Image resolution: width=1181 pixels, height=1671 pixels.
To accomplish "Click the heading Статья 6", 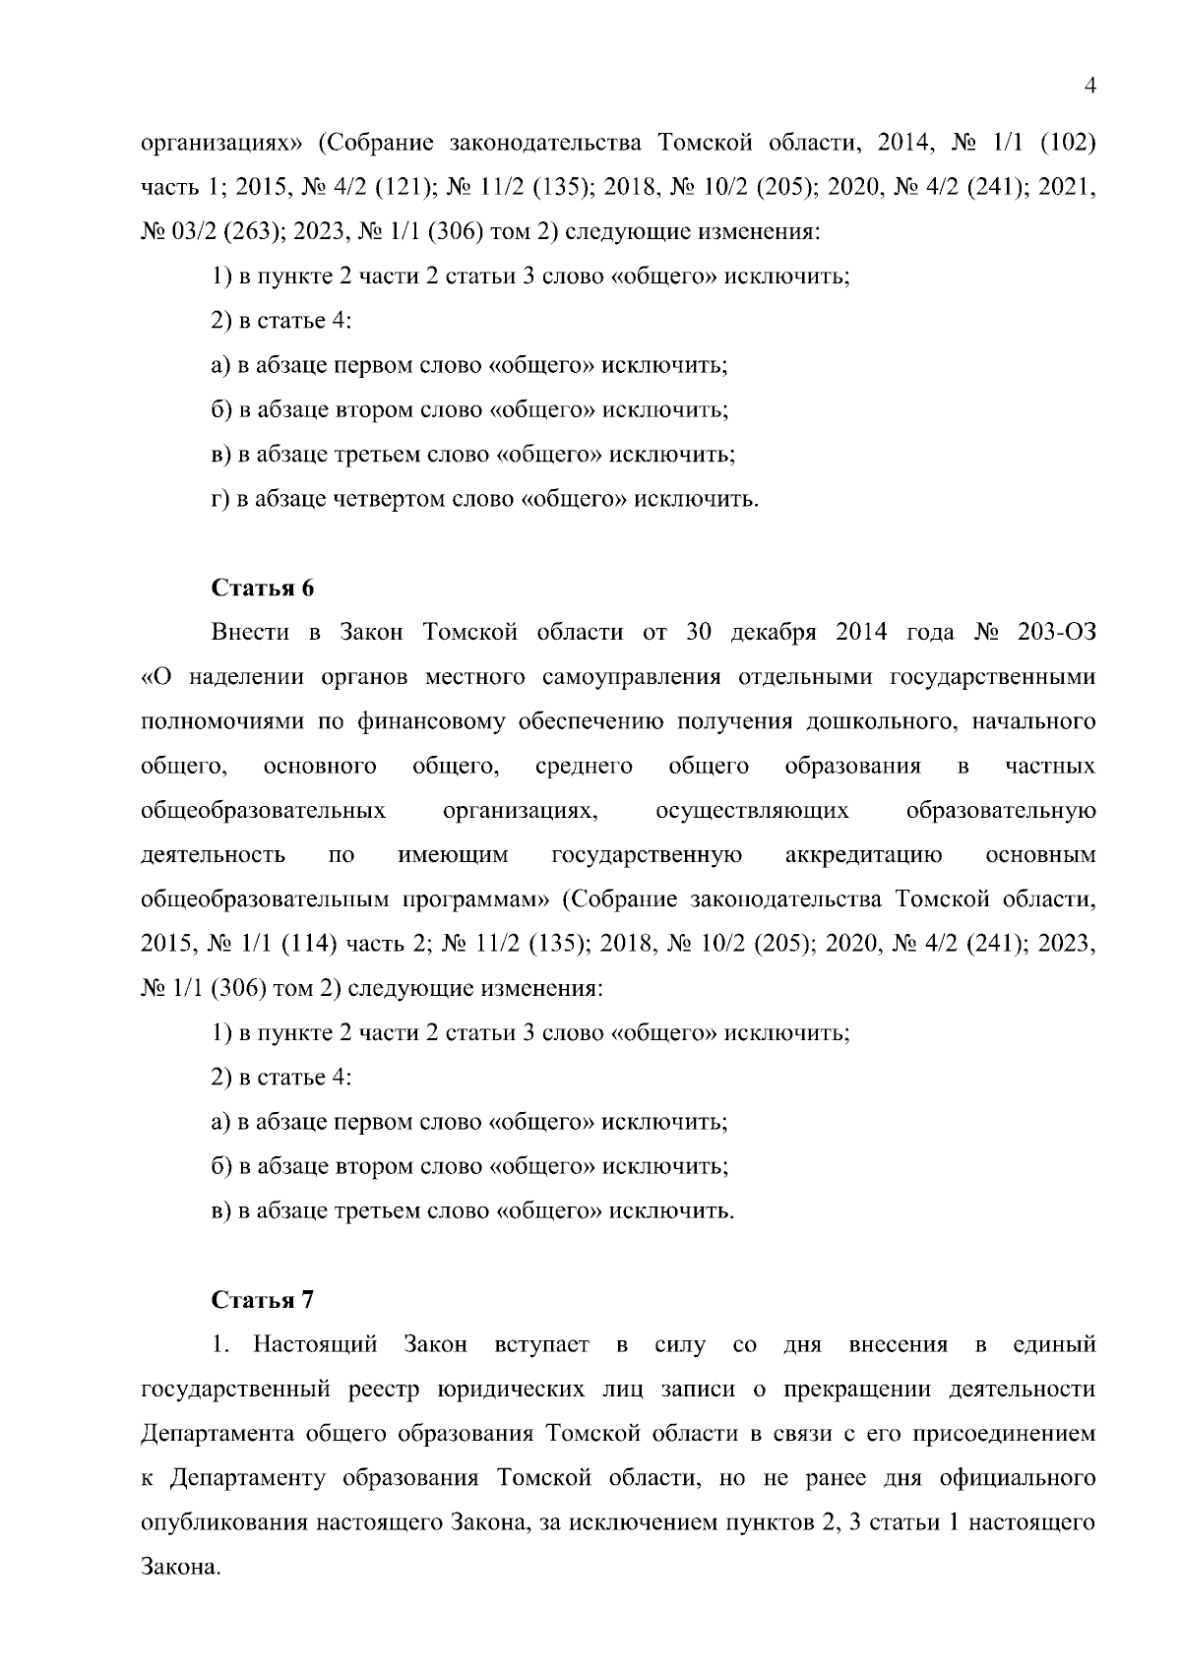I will coord(263,588).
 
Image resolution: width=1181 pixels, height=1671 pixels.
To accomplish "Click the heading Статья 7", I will coord(263,1300).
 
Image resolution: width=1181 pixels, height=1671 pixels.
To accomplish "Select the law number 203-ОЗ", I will coord(1056,632).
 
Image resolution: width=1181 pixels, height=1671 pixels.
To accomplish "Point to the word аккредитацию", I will coord(863,855).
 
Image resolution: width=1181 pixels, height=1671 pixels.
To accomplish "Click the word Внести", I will coord(251,632).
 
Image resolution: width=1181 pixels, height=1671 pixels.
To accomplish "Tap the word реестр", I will coord(384,1389).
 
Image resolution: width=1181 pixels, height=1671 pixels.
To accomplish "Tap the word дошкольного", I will coord(877,721).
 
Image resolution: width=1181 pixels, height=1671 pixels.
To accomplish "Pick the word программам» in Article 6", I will coord(475,899).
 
